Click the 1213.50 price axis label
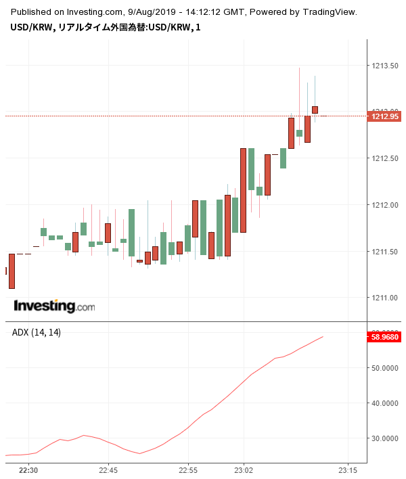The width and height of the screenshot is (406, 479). pos(384,66)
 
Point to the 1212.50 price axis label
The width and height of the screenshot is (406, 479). pos(384,158)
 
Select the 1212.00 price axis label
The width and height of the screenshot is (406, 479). pos(384,205)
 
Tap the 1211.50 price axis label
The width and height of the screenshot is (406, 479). pos(384,252)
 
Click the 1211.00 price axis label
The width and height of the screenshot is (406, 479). pos(384,298)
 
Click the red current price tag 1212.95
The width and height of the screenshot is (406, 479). pos(384,116)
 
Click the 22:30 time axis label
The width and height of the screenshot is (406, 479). pos(28,470)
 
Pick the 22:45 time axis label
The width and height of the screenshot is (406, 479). pos(108,470)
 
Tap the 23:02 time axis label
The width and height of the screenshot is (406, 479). pos(244,470)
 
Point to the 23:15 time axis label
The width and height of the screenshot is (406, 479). pos(348,470)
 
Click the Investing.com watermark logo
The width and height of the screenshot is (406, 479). pos(54,306)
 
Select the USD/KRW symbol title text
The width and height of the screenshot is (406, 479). pos(32,27)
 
